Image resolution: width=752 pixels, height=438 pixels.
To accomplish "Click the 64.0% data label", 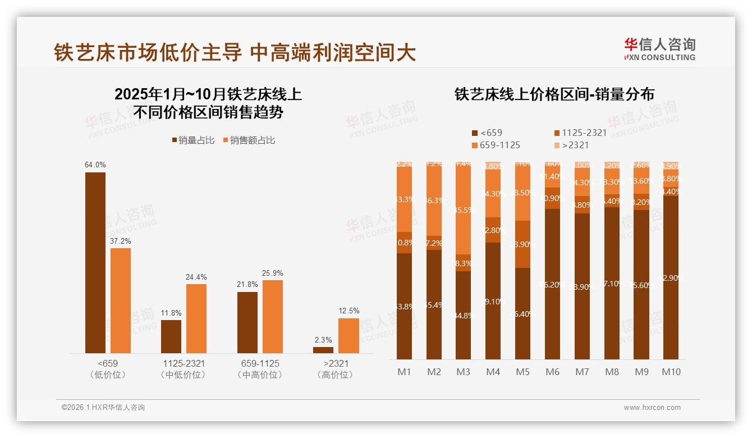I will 95,165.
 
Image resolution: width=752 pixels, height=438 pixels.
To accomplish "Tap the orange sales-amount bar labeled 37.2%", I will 121,300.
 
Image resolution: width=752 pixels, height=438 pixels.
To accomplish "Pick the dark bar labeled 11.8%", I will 171,336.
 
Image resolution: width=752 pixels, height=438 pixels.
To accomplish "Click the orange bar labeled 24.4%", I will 196,318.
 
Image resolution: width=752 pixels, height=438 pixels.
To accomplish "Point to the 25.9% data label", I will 272,273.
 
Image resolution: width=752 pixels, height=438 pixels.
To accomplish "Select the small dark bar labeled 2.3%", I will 323,350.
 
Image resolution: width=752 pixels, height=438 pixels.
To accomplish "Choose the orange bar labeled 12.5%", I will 349,336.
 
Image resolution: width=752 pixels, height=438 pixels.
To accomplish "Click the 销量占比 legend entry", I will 193,140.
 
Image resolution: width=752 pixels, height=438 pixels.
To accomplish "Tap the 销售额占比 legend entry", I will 248,140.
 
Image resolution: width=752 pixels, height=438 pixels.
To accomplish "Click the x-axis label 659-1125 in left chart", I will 259,364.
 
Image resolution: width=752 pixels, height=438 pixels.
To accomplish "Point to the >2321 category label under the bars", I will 336,364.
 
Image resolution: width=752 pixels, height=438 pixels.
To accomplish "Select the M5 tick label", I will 522,372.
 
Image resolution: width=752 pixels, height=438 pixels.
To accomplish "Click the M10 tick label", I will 671,372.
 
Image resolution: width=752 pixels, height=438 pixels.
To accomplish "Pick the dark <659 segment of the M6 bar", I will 552,284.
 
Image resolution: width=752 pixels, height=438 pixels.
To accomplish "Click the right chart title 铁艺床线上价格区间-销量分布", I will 554,94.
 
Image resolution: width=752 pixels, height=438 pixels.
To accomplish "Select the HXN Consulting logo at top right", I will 659,49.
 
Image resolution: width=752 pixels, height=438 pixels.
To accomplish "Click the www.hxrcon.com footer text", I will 652,408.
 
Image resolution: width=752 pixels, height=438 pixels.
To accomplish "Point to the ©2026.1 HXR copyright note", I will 103,408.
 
